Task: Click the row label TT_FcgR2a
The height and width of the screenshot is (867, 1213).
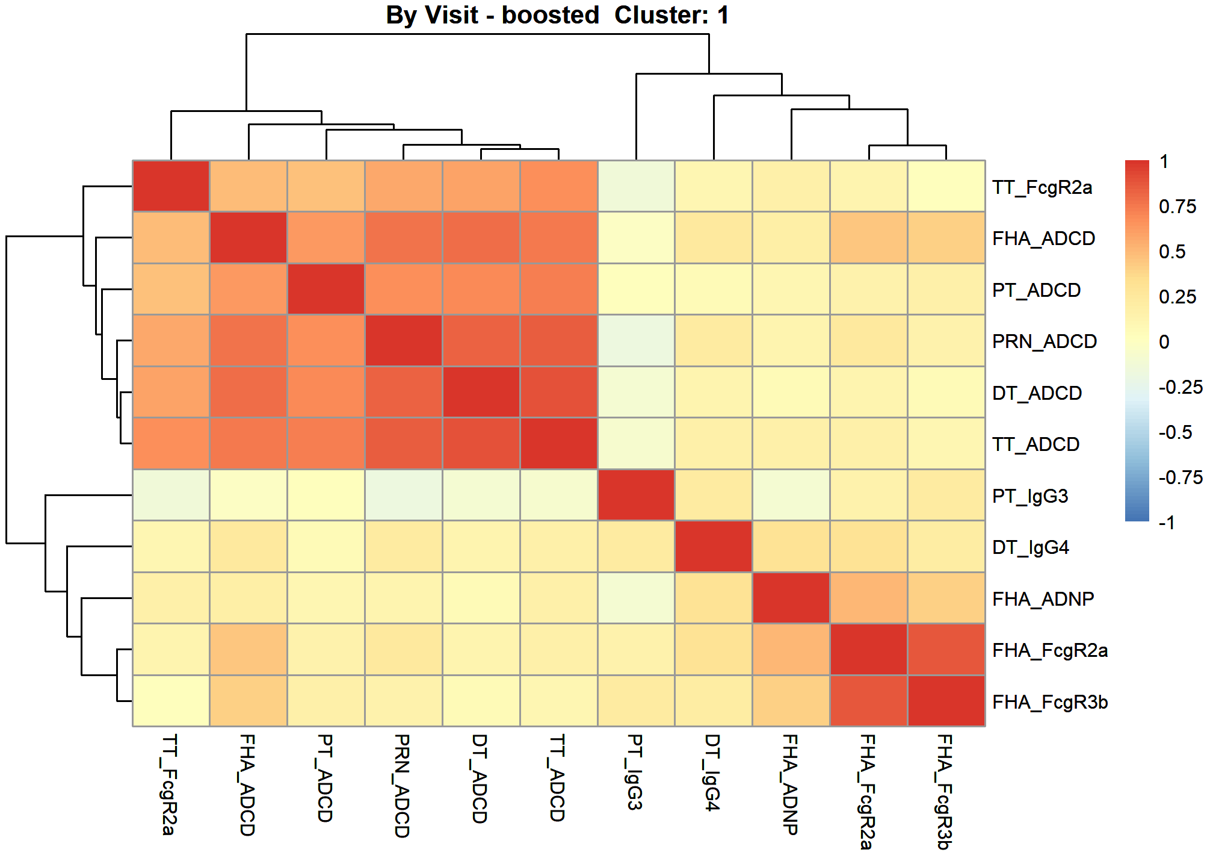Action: pos(1042,187)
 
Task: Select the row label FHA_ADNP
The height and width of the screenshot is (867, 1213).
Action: pos(1043,599)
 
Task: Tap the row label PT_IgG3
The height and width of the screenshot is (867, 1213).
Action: pos(1030,496)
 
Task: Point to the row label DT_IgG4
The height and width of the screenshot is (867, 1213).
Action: pos(1031,547)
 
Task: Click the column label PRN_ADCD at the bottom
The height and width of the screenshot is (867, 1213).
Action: pos(402,786)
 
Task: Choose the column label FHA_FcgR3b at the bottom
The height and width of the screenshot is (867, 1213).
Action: pos(945,791)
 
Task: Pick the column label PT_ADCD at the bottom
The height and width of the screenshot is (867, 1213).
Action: pos(325,778)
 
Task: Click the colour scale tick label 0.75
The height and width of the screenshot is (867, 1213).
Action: pos(1178,207)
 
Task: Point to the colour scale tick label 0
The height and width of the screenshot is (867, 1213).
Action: pos(1164,342)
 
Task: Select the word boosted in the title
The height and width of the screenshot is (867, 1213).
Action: pos(551,15)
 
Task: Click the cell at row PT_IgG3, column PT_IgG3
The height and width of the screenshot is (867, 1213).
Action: pos(637,495)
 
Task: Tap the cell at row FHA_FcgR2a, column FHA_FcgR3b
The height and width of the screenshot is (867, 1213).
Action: pos(946,650)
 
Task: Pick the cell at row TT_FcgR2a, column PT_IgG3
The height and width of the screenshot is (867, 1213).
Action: pos(637,186)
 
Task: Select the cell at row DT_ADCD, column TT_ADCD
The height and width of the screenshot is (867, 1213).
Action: pos(559,392)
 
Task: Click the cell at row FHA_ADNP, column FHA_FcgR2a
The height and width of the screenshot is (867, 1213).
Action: pos(869,598)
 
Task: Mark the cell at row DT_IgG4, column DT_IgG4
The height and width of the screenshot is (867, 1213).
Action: pos(714,547)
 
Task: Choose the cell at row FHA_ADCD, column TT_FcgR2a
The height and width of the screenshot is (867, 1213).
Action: pos(171,238)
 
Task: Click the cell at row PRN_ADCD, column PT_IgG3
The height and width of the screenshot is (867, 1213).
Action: pos(637,341)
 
